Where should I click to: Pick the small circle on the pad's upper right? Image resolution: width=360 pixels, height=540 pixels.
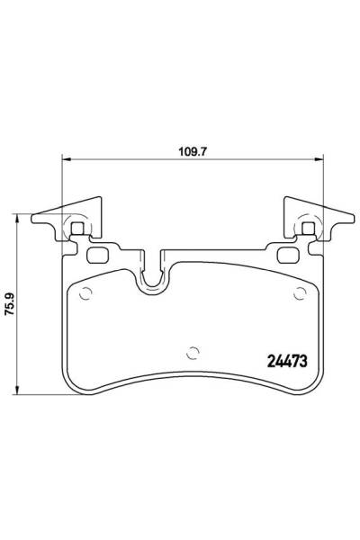tap(300, 292)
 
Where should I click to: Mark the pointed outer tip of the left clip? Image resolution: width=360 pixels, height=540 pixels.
tap(31, 218)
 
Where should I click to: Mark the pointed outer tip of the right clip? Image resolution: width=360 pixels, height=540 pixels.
tap(352, 218)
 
